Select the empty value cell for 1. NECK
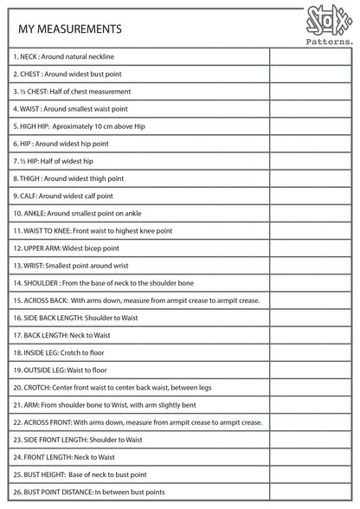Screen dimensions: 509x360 click(309, 56)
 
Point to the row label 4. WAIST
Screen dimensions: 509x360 click(70, 108)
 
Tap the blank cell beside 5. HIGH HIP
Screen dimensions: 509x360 click(309, 126)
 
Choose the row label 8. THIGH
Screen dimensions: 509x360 click(68, 178)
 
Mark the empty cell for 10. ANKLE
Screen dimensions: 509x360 click(309, 213)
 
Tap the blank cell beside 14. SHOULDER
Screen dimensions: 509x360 click(309, 283)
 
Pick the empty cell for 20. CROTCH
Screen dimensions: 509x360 click(309, 388)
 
